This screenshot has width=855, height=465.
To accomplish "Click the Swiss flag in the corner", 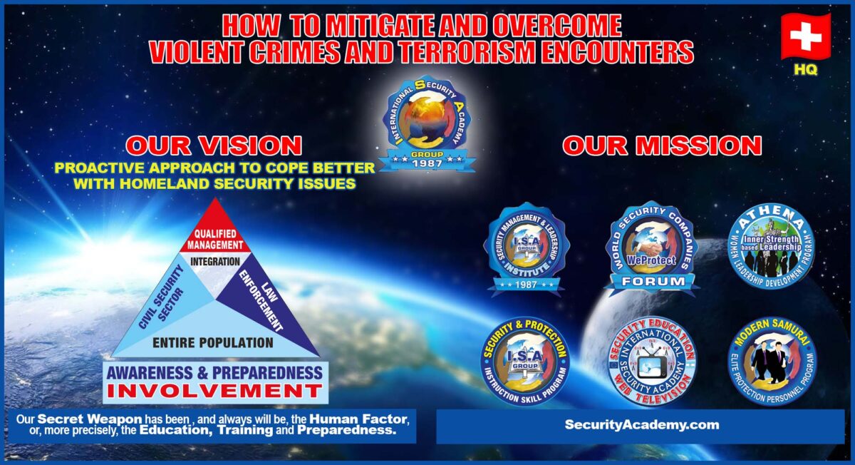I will coord(805,36).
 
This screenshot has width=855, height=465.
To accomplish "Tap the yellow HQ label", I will coord(806,71).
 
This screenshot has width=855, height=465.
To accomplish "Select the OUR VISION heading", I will coord(214,145).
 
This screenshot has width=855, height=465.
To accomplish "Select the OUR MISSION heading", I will coord(662,145).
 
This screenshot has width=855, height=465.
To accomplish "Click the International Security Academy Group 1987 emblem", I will coord(425,123).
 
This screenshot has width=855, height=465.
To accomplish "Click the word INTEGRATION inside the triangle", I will coord(215,262).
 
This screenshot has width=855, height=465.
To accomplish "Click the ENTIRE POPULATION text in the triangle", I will coord(213,343).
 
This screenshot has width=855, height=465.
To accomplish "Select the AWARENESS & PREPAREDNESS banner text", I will coord(214,372).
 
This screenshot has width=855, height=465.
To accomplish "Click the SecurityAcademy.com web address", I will coord(641,424).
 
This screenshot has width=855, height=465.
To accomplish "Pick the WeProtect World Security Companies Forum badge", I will coord(651,247).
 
